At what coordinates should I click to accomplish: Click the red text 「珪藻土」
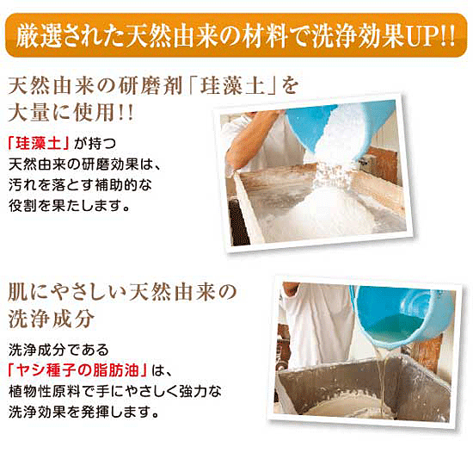[x=40, y=144]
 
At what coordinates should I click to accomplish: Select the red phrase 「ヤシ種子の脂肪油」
[x=77, y=370]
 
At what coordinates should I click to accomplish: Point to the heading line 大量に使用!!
[x=71, y=113]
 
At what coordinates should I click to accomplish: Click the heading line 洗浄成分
[x=51, y=319]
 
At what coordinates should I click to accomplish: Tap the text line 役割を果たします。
[x=69, y=206]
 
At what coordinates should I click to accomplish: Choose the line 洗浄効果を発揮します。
[x=83, y=412]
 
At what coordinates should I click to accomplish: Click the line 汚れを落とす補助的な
[x=80, y=185]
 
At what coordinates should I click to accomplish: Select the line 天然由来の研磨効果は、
[x=85, y=164]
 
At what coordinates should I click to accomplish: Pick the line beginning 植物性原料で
[x=115, y=391]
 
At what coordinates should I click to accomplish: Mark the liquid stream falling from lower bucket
[x=380, y=381]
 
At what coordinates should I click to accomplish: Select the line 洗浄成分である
[x=58, y=350]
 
